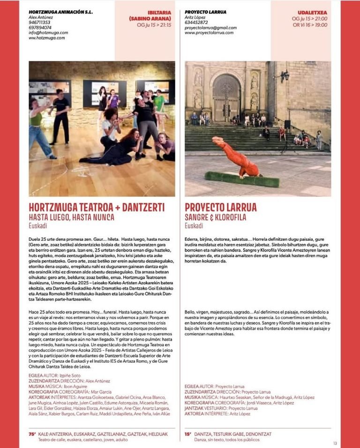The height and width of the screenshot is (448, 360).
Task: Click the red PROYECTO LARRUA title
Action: (221, 207)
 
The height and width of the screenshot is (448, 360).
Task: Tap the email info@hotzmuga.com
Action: (48, 33)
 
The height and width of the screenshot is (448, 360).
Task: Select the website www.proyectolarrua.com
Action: (209, 33)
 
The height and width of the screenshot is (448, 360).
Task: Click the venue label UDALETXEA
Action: (312, 13)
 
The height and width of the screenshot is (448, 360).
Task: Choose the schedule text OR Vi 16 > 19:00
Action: (310, 25)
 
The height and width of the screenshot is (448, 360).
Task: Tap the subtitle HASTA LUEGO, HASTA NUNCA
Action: (71, 217)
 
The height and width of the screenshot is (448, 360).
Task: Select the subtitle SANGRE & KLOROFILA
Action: (215, 217)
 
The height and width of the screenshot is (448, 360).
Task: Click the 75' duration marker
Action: (32, 434)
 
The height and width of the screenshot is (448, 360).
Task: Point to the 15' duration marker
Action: (187, 434)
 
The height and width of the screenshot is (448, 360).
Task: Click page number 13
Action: (335, 443)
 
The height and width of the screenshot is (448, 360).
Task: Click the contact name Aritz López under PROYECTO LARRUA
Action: (196, 17)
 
